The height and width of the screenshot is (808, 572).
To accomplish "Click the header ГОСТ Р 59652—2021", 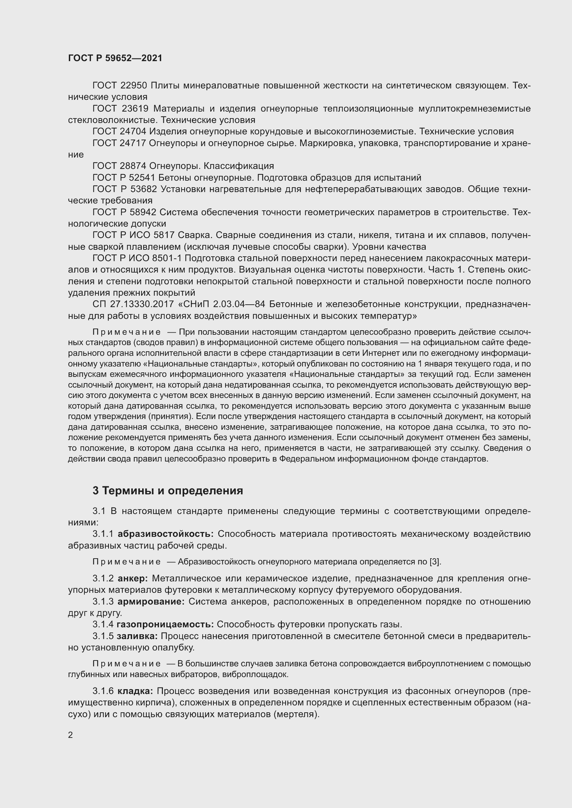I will [115, 58].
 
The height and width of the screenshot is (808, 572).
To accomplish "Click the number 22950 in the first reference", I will [135, 86].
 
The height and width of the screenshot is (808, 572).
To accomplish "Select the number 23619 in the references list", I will [136, 108].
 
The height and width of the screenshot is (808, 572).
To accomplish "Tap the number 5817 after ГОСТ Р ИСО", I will [164, 235].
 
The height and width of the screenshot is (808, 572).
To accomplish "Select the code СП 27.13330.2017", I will [133, 304].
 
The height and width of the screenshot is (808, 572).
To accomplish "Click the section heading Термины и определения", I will [172, 491].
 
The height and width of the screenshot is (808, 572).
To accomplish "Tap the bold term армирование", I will [151, 601].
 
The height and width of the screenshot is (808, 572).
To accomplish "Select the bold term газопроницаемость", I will [165, 624].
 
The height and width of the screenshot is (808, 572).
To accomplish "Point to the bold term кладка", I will [135, 691].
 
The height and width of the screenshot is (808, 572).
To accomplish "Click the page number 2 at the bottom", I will [71, 735].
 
